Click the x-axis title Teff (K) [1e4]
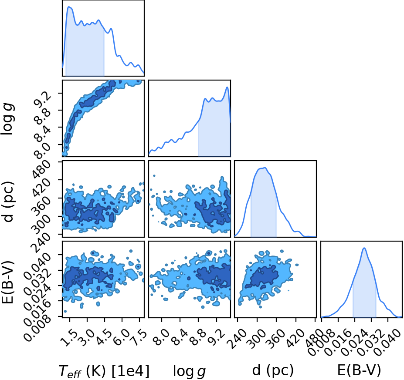pyautogui.click(x=104, y=371)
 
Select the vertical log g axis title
pyautogui.click(x=8, y=118)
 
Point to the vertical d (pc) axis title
pyautogui.click(x=8, y=202)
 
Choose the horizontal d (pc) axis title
pyautogui.click(x=273, y=370)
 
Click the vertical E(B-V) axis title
pyautogui.click(x=7, y=282)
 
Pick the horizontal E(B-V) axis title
pyautogui.click(x=359, y=370)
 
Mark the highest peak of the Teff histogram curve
pyautogui.click(x=69, y=7)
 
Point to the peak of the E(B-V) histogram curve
pyautogui.click(x=364, y=248)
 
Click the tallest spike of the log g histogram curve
pyautogui.click(x=227, y=87)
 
